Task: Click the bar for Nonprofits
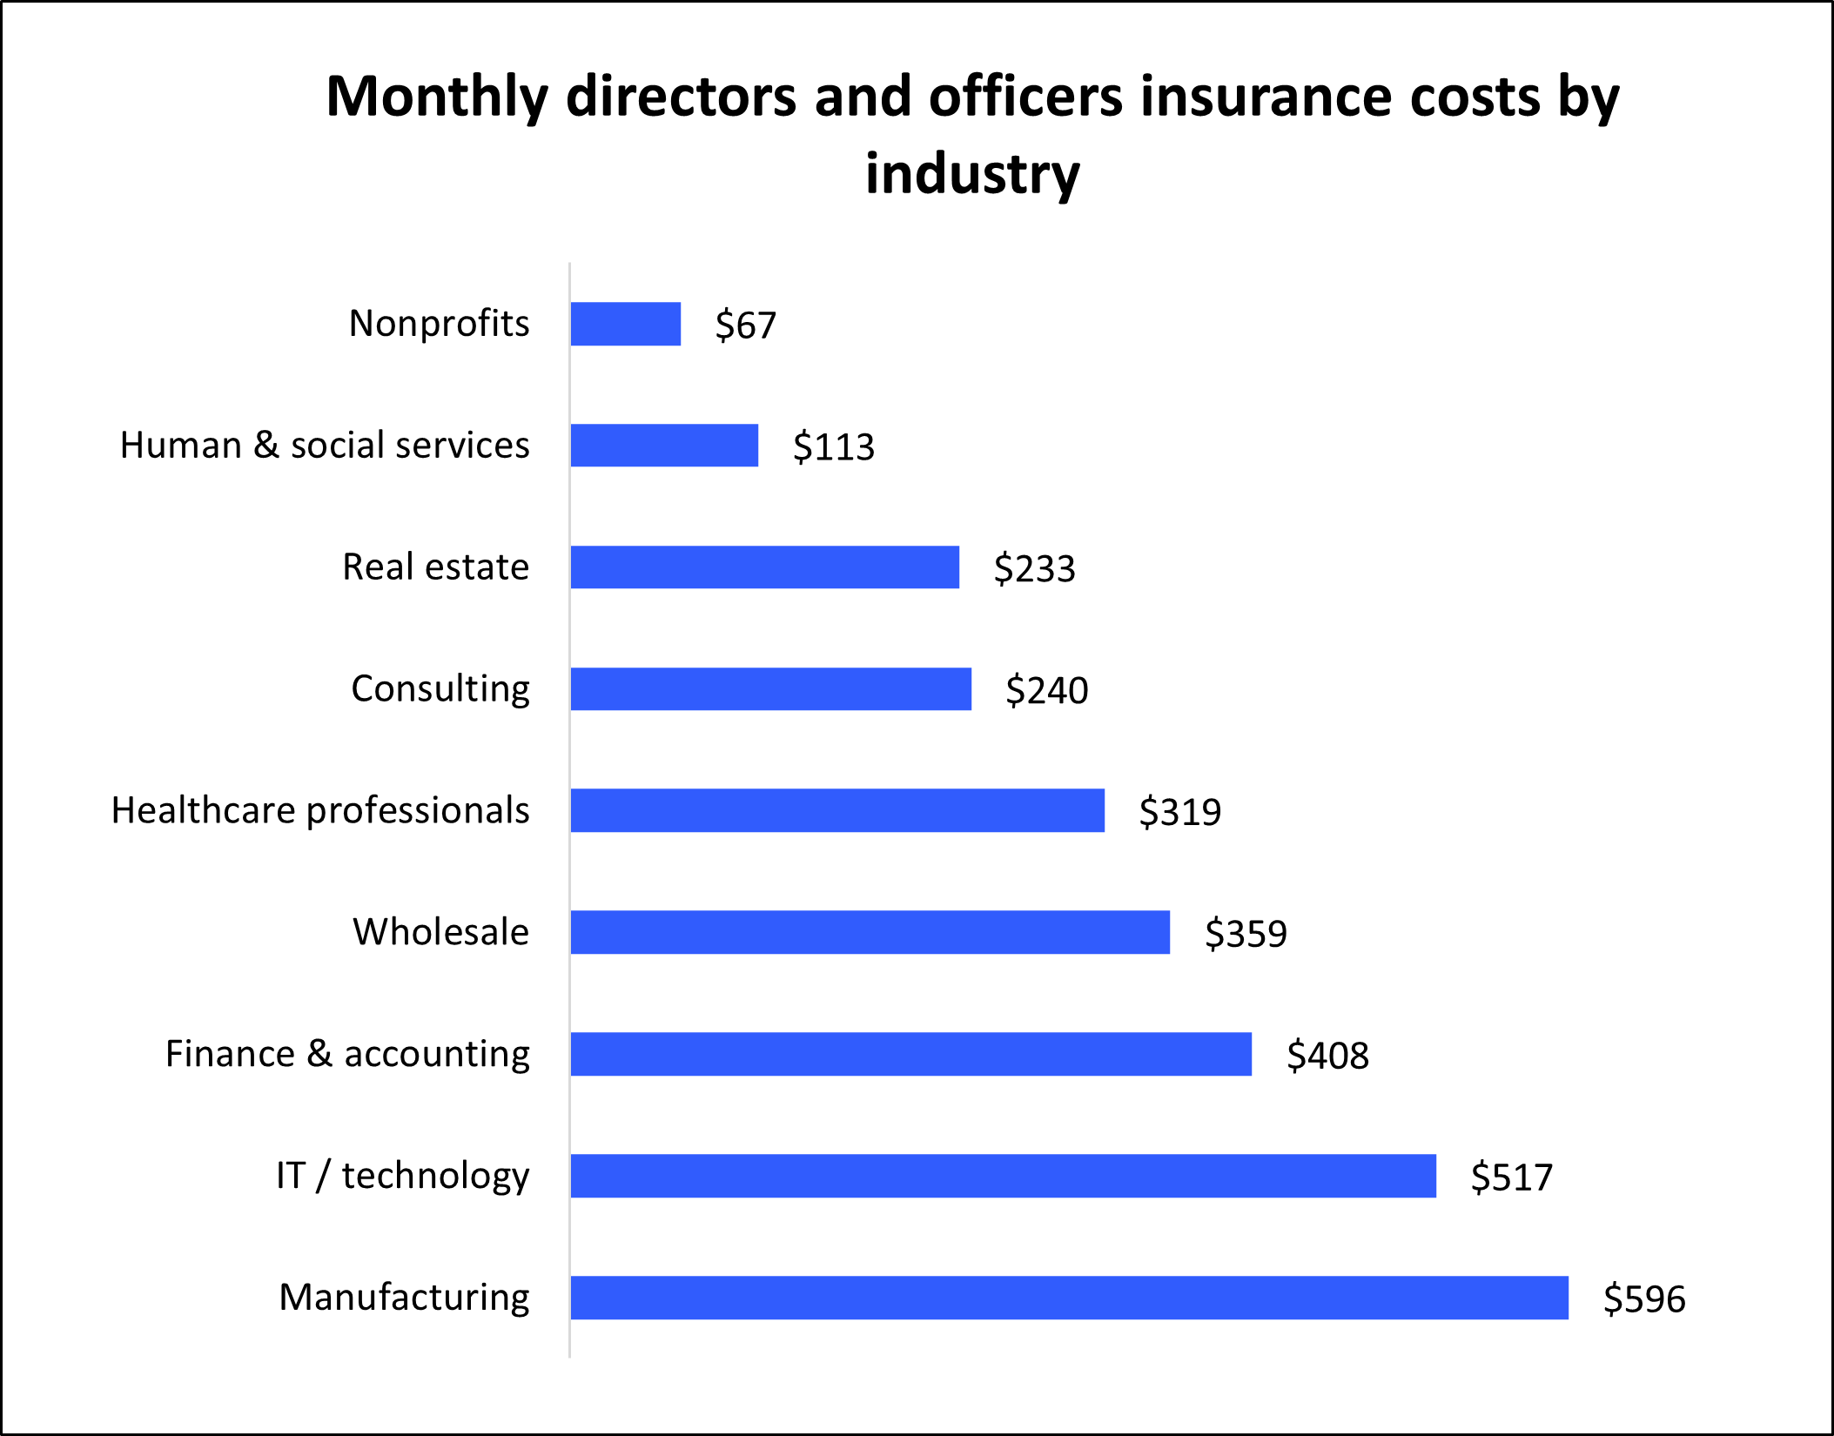click(625, 324)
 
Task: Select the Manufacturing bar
click(1069, 1298)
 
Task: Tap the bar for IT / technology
click(1003, 1176)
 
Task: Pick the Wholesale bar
click(870, 932)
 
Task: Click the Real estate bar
click(764, 567)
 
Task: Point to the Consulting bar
click(770, 689)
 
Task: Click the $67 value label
click(745, 325)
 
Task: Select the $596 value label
click(1643, 1299)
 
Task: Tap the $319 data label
click(1179, 812)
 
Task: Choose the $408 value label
click(1327, 1056)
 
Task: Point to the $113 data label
click(833, 447)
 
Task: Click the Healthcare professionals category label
click(320, 810)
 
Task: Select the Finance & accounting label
click(347, 1054)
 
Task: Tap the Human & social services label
click(325, 445)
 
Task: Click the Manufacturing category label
click(404, 1298)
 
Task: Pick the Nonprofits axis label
click(439, 323)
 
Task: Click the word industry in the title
click(972, 174)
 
